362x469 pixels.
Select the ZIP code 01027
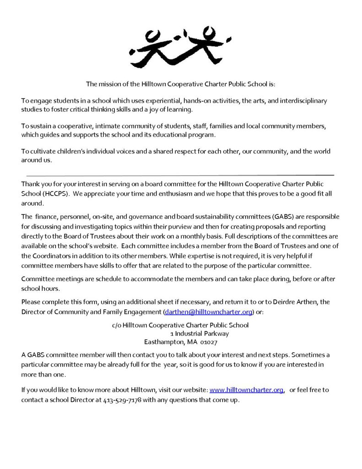[x=209, y=342]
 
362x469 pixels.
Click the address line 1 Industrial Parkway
[x=199, y=333]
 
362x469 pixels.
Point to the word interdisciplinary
[x=303, y=100]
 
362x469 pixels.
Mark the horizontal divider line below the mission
[x=180, y=175]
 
